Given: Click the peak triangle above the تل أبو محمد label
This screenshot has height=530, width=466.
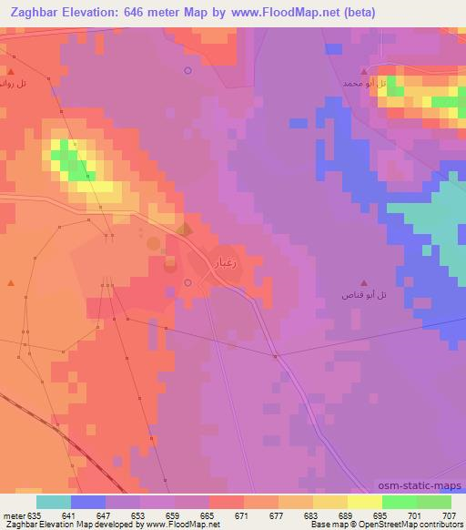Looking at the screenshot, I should pos(364,70).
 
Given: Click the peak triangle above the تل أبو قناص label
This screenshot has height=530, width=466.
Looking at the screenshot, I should pos(365,283).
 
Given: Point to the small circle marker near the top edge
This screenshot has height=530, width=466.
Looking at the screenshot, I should pos(187,70).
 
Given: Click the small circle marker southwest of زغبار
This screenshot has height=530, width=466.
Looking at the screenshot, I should pos(187,283).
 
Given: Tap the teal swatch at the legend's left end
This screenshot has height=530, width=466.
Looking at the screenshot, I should pos(54,501).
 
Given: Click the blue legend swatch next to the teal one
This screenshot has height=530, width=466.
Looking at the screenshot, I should pos(88,501).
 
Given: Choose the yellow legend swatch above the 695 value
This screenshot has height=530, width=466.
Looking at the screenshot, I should pos(365,501).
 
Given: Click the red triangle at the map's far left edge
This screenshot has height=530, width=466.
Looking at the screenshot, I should pos(11,283).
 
